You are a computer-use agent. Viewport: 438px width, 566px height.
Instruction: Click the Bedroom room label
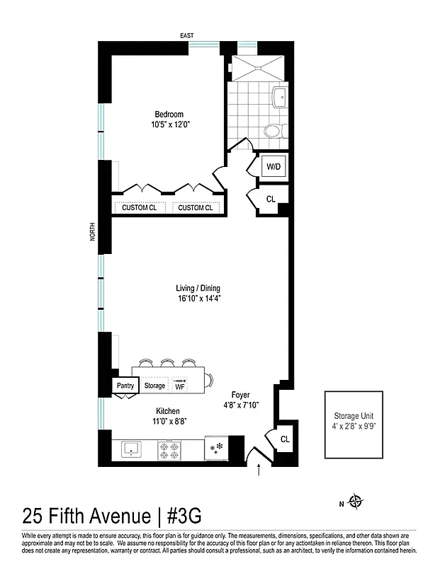pyautogui.click(x=169, y=115)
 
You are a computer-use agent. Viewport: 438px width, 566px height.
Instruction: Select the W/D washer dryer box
pyautogui.click(x=273, y=167)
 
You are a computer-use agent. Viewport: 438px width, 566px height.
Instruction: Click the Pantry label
pyautogui.click(x=125, y=386)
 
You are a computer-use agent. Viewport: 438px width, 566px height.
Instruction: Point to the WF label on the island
pyautogui.click(x=180, y=386)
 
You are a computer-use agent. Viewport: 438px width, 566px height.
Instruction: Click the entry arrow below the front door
pyautogui.click(x=257, y=469)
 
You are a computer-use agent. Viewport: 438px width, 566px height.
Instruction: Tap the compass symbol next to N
pyautogui.click(x=356, y=503)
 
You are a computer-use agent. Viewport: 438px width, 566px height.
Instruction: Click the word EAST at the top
pyautogui.click(x=187, y=35)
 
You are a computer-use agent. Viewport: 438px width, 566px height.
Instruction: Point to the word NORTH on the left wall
pyautogui.click(x=92, y=233)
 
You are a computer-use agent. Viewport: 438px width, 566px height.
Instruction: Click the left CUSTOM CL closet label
pyautogui.click(x=140, y=207)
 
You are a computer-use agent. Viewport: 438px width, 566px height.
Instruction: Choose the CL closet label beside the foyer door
pyautogui.click(x=284, y=439)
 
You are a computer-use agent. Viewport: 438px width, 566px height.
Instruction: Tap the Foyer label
pyautogui.click(x=240, y=395)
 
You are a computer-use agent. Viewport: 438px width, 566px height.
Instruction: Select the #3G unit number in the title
pyautogui.click(x=189, y=515)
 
